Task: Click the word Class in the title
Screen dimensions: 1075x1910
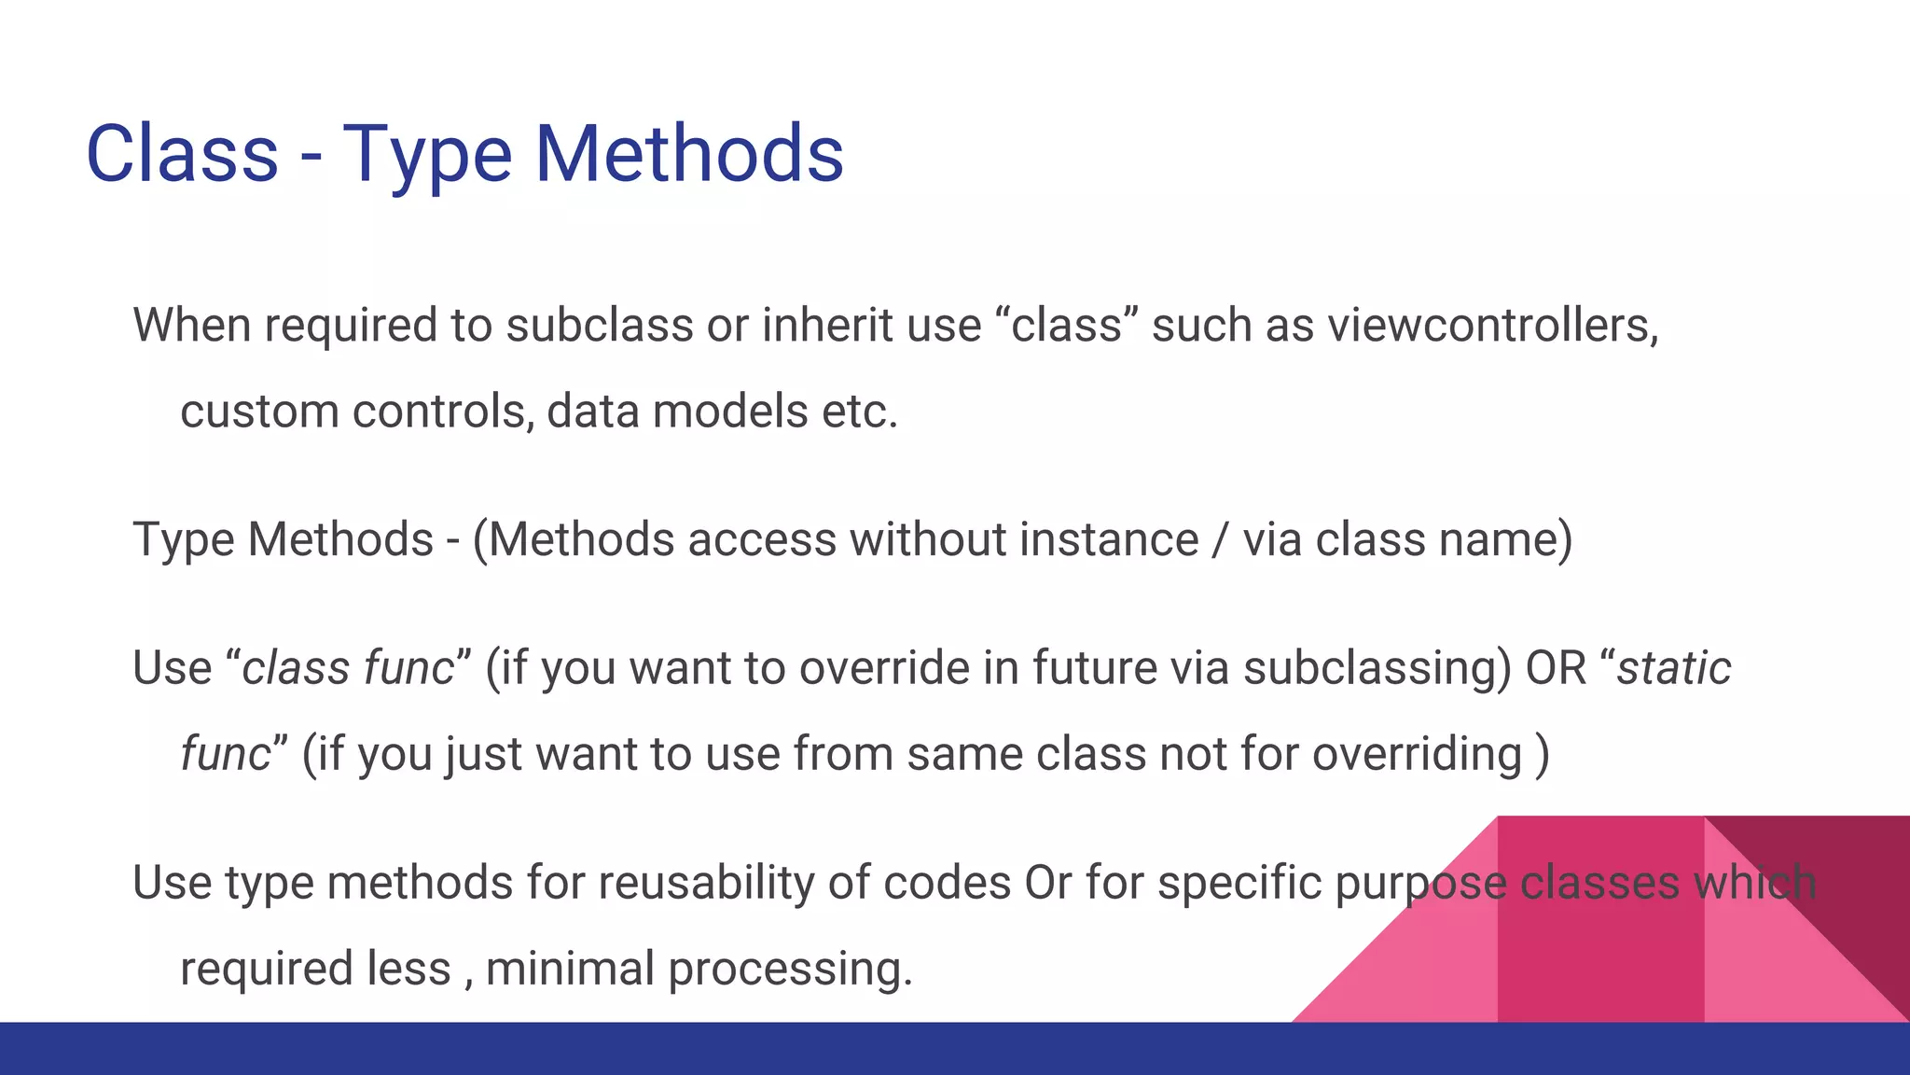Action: pos(182,154)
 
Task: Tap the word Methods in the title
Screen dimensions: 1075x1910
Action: pos(689,154)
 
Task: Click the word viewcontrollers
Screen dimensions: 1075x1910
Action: pos(1492,327)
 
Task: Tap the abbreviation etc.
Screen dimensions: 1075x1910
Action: pos(859,412)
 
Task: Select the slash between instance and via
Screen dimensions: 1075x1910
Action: pos(1220,540)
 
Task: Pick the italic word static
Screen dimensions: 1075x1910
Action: pos(1673,668)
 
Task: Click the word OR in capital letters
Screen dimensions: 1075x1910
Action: pos(1555,668)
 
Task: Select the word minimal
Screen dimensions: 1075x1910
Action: pos(569,968)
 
